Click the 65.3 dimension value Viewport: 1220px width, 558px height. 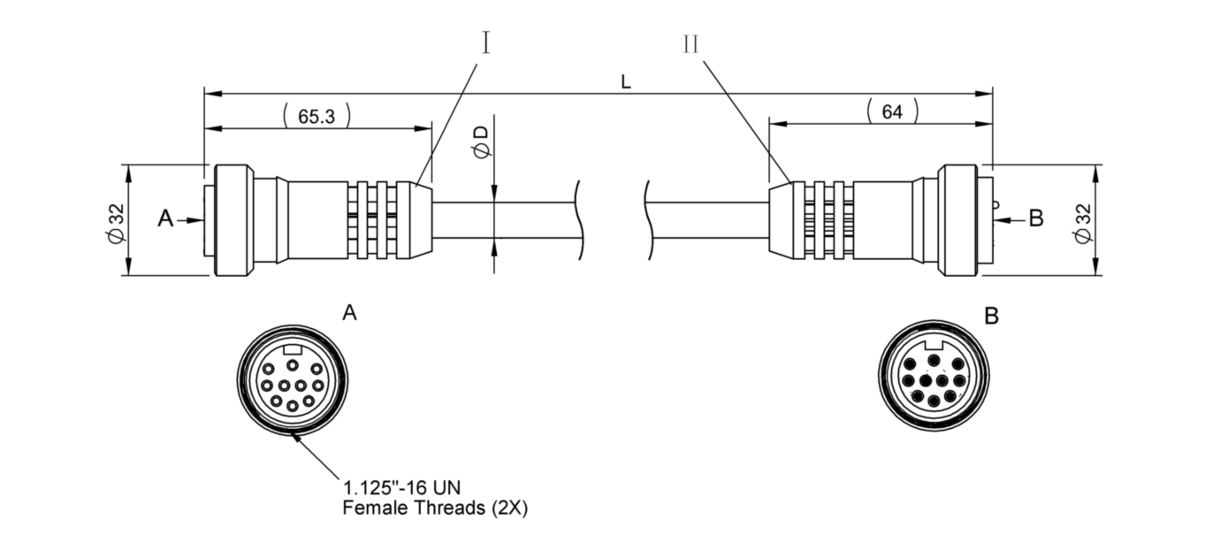(x=316, y=116)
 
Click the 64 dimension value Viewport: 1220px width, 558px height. (x=892, y=111)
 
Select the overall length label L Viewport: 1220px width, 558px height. (x=626, y=82)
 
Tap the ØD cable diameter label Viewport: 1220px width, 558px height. (x=482, y=141)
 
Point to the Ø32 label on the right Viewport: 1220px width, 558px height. (x=1084, y=222)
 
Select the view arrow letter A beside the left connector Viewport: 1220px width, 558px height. (x=165, y=218)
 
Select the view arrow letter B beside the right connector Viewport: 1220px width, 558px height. (x=1036, y=218)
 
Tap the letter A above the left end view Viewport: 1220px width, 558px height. (x=349, y=313)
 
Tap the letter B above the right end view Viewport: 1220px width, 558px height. (x=991, y=316)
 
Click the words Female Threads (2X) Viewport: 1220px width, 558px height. (x=435, y=508)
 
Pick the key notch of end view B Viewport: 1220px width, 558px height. (x=934, y=346)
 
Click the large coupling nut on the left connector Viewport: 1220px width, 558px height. (x=234, y=219)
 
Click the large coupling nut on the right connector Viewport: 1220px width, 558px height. (x=957, y=219)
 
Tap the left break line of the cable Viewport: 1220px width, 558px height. (x=580, y=219)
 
